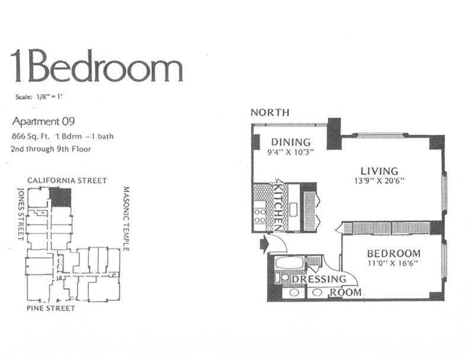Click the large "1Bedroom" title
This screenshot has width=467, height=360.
point(97,66)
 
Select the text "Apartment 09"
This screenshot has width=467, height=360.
point(44,123)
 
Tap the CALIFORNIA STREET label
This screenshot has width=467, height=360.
point(67,180)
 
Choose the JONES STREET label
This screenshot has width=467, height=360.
point(21,213)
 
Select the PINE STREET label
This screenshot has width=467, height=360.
point(50,308)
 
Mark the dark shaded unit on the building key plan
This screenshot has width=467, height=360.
point(60,197)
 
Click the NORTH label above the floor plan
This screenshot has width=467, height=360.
point(270,112)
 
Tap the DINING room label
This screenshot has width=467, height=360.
point(290,142)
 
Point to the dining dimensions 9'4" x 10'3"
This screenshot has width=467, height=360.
point(290,152)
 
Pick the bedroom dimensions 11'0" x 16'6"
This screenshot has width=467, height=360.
point(392,263)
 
